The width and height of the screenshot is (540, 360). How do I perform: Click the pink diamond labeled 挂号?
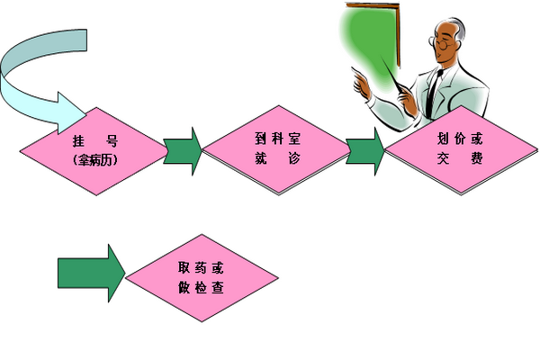(94, 149)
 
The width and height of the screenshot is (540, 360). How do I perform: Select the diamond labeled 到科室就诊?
(275, 148)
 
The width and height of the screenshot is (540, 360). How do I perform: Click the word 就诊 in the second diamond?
(274, 158)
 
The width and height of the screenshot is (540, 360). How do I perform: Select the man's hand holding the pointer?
(361, 85)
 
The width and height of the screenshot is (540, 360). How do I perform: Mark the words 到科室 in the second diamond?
(274, 139)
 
